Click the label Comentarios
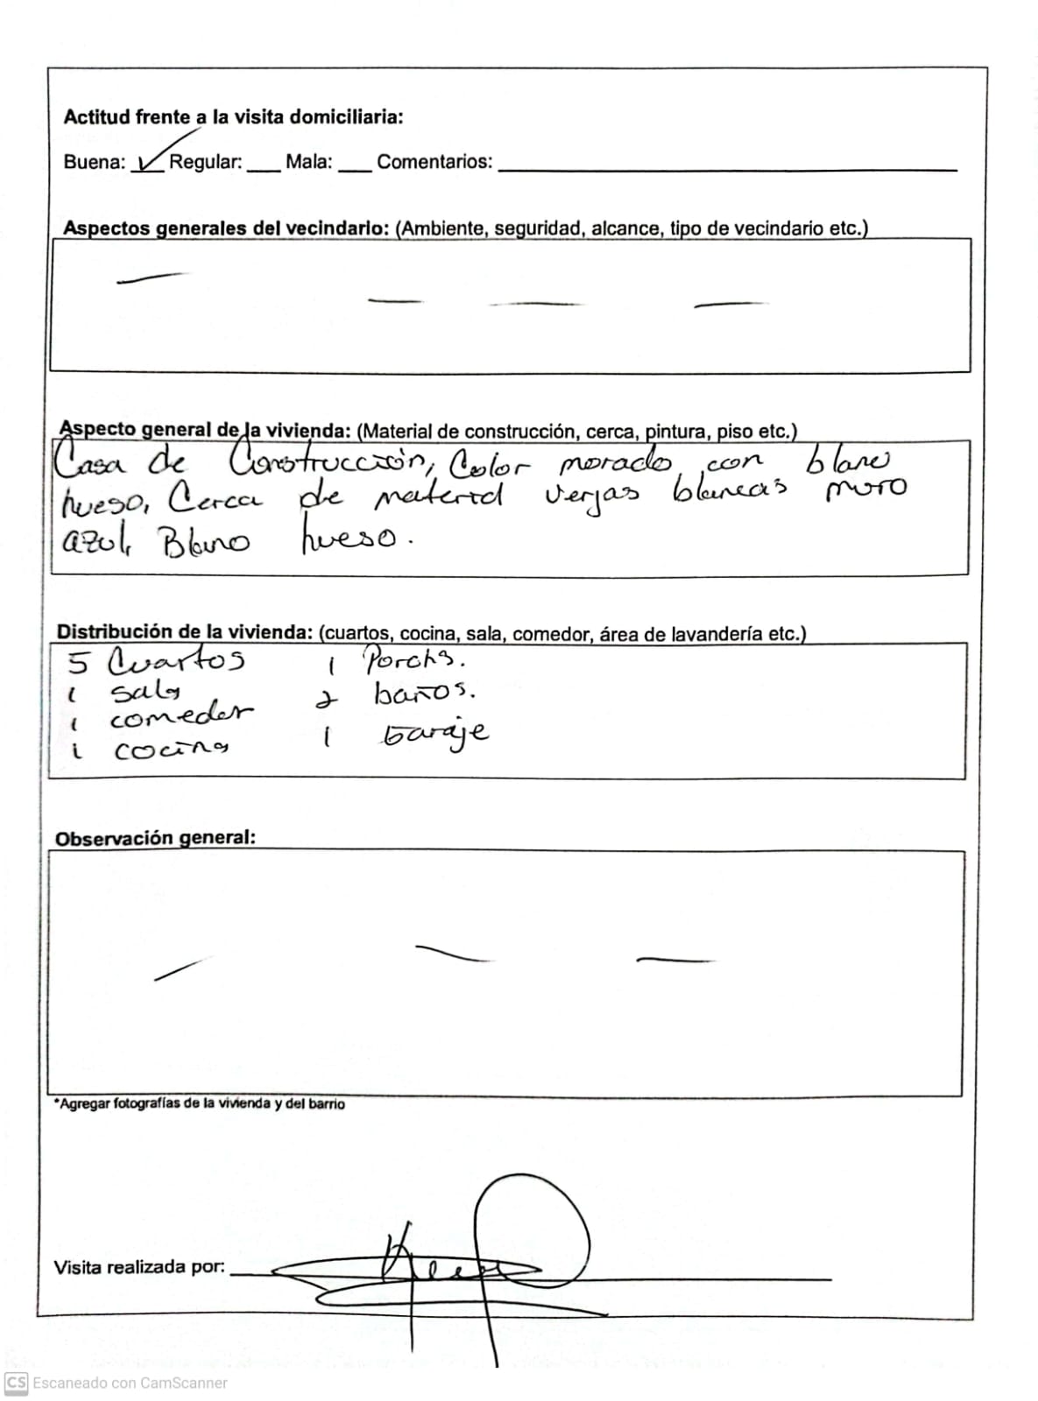point(434,162)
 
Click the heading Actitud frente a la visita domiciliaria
point(233,117)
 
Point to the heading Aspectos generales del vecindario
point(226,229)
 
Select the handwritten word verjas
point(592,497)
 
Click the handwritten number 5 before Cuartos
point(78,663)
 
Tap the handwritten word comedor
point(181,717)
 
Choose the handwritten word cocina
point(172,750)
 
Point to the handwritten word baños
point(424,694)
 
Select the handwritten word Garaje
point(435,734)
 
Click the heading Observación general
point(155,838)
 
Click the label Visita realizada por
point(139,1267)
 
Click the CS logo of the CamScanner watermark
point(16,1383)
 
